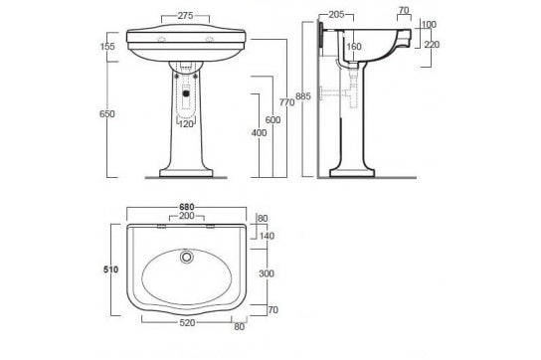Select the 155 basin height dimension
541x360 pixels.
click(108, 47)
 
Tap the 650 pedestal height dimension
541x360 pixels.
click(108, 113)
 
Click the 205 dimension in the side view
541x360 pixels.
click(337, 16)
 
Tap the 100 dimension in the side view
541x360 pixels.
click(429, 24)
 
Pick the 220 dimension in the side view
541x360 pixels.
click(432, 44)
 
